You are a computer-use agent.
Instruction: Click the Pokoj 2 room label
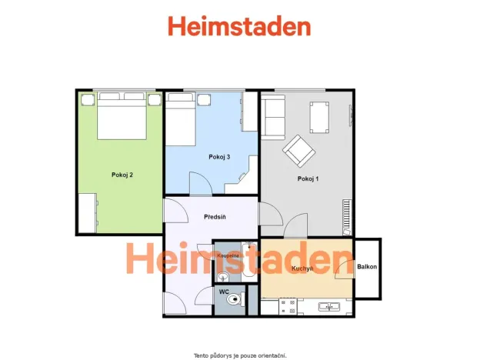[122, 175]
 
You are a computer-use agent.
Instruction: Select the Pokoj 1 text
[308, 178]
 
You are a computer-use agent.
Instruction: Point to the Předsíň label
[215, 218]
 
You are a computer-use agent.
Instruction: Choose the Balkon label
[367, 267]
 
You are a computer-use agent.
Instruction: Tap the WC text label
[223, 292]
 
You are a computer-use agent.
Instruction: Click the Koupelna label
[228, 255]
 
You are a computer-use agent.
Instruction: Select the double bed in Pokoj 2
[122, 115]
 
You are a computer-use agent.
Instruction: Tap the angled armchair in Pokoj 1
[298, 150]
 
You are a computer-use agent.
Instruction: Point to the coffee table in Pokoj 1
[319, 117]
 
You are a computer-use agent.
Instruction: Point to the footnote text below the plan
[239, 355]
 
